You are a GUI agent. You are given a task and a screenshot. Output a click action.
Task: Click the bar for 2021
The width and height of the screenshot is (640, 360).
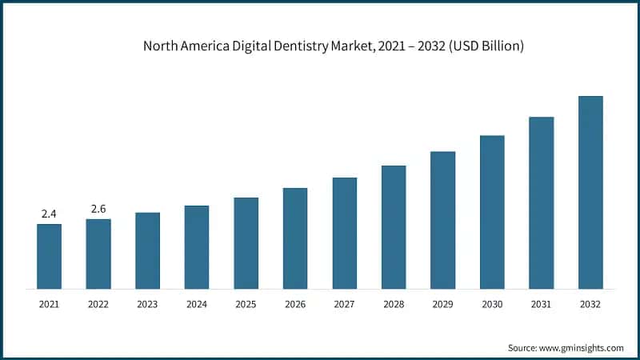(x=49, y=256)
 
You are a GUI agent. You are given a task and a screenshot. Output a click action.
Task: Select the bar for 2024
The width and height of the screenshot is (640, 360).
(x=197, y=246)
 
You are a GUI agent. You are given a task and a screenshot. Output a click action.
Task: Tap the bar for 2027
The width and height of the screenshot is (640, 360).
(x=345, y=233)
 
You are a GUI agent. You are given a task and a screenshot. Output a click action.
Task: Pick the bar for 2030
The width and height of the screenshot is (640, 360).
(x=492, y=212)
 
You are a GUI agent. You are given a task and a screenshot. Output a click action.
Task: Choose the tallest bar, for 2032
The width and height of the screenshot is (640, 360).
(x=590, y=192)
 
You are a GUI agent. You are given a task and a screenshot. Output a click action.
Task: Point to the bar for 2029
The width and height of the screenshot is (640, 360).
(x=443, y=220)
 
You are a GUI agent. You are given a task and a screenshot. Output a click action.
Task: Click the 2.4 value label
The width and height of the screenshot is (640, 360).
(x=49, y=214)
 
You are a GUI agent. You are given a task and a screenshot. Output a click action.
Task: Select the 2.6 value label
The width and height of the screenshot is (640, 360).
(x=98, y=209)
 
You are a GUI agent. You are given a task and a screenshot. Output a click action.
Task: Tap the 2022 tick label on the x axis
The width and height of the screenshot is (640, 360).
(x=98, y=304)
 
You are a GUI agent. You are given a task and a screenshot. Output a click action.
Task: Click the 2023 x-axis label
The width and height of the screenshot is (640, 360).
(x=147, y=304)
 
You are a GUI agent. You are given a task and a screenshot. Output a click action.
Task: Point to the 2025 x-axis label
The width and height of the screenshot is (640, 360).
(x=246, y=304)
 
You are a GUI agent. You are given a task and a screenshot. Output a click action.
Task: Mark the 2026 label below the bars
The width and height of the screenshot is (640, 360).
(x=295, y=304)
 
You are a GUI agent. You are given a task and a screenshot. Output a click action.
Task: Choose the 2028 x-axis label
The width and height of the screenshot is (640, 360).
(x=394, y=304)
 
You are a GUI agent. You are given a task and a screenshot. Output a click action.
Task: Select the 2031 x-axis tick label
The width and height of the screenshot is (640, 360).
(x=542, y=304)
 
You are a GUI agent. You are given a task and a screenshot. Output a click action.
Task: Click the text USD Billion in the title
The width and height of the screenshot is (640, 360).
(x=490, y=46)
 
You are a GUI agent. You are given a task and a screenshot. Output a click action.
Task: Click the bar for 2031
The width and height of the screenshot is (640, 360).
(x=542, y=202)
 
